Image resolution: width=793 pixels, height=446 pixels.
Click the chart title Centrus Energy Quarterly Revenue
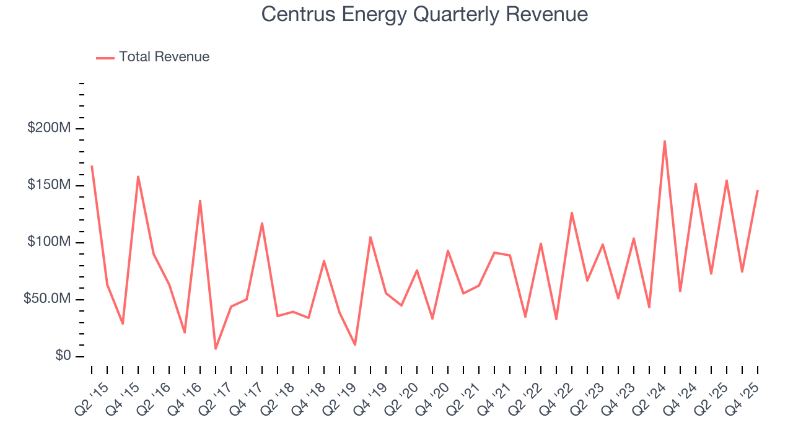424,14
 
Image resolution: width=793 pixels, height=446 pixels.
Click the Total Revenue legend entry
164,57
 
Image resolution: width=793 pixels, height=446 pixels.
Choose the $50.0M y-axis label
46,299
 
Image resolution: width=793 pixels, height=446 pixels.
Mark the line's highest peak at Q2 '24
665,141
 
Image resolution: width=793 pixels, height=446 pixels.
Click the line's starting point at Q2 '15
92,166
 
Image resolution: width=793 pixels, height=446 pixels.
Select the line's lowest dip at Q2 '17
216,349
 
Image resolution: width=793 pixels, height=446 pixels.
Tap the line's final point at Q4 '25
758,191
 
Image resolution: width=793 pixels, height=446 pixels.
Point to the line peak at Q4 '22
572,212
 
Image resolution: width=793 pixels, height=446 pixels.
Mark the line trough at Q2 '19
355,344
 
